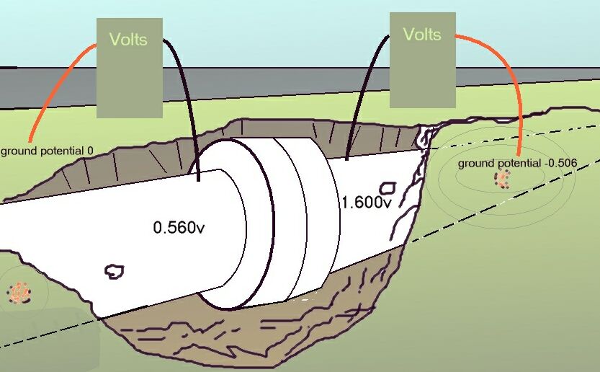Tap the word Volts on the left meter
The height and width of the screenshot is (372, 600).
point(127,39)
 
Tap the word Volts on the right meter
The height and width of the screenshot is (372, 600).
point(422,34)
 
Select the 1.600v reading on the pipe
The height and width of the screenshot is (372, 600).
point(367,202)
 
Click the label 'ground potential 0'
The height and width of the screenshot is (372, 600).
point(48,151)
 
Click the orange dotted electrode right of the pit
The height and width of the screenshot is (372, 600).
point(502,180)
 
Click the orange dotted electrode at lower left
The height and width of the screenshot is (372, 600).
point(19,293)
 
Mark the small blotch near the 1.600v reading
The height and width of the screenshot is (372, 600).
point(389,187)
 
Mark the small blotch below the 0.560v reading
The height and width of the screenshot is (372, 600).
point(114,271)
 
